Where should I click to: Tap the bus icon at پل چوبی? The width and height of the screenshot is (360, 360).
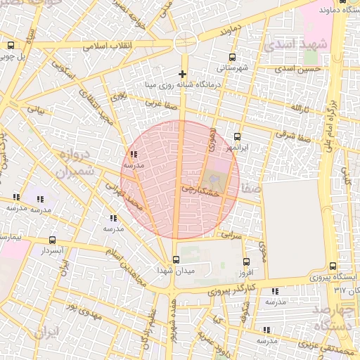[x=11, y=45]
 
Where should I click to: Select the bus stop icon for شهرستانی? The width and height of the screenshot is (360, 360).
[x=233, y=58]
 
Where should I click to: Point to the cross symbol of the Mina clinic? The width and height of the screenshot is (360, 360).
[x=183, y=74]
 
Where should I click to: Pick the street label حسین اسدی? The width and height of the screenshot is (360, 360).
[x=298, y=69]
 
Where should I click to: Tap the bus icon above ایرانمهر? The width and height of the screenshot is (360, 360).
[x=237, y=136]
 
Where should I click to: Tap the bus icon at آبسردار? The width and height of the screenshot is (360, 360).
[x=52, y=240]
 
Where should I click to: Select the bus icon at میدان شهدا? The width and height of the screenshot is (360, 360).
[x=176, y=260]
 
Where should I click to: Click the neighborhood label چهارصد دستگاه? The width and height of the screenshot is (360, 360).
[x=336, y=317]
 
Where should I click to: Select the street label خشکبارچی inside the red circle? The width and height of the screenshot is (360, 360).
[x=200, y=188]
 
